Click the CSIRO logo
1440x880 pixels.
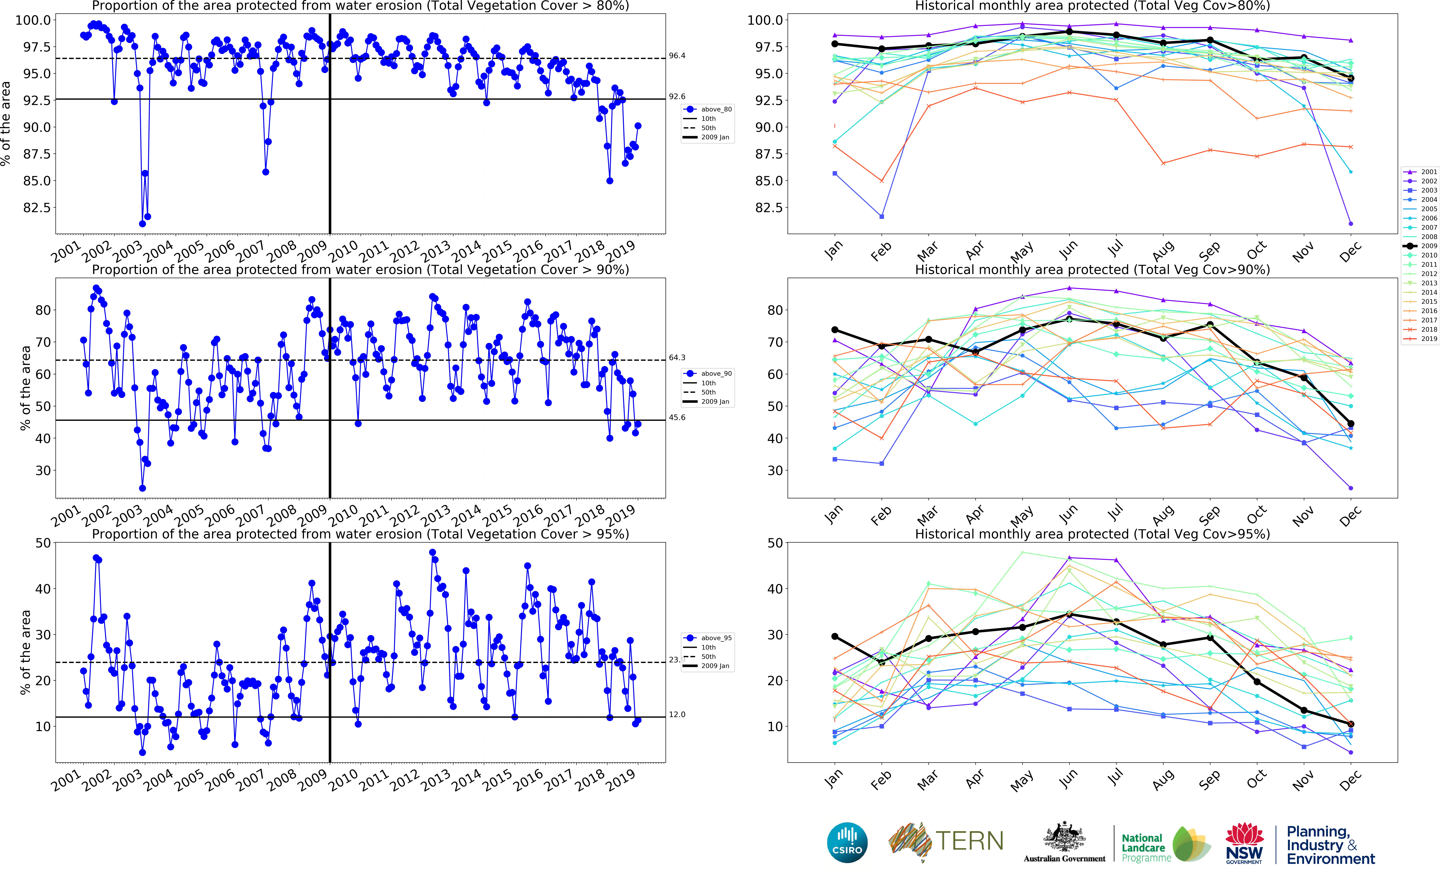(x=847, y=843)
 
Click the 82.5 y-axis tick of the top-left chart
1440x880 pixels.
(x=36, y=208)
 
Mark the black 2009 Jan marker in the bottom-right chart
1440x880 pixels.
(x=834, y=636)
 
